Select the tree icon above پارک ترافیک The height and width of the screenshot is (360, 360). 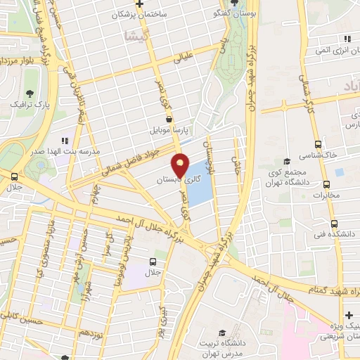[x=30, y=93]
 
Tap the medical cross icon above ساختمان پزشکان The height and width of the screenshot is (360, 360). [x=141, y=4]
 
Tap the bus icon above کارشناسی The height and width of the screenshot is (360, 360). [x=318, y=141]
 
